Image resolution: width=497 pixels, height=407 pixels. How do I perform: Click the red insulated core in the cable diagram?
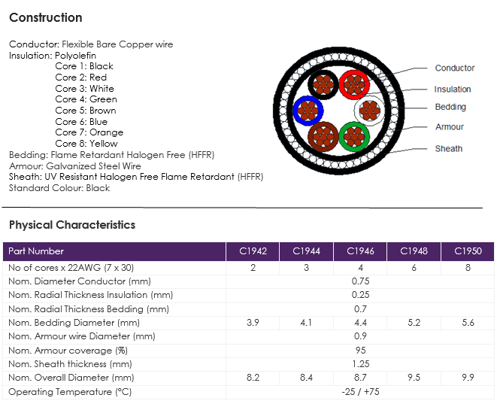click(x=354, y=85)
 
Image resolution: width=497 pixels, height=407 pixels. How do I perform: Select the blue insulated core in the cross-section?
click(x=308, y=111)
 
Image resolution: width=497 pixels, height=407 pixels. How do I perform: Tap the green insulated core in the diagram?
click(x=354, y=137)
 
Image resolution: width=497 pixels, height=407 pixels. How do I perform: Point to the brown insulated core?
click(x=323, y=137)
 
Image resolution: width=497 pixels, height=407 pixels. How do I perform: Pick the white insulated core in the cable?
click(x=370, y=111)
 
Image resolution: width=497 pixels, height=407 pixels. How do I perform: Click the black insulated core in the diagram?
click(x=323, y=85)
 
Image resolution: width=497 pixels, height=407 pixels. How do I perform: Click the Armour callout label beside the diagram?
click(x=450, y=127)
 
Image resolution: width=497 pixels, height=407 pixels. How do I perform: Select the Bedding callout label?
click(x=450, y=107)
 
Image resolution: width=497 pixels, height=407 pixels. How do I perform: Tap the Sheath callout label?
click(x=449, y=148)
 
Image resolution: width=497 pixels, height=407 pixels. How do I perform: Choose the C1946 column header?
click(x=360, y=251)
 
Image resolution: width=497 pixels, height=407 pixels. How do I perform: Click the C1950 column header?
click(x=468, y=251)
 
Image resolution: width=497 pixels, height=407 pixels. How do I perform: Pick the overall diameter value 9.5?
click(x=414, y=378)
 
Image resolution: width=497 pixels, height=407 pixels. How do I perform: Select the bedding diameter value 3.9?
click(x=253, y=323)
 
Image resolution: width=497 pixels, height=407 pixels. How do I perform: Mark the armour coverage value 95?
click(x=360, y=351)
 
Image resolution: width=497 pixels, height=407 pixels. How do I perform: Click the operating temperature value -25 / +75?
click(x=360, y=392)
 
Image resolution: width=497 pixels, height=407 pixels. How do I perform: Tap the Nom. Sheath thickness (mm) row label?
click(x=70, y=364)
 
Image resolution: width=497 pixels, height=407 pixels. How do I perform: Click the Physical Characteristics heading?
click(x=72, y=225)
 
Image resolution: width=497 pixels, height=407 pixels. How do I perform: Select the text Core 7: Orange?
click(x=89, y=132)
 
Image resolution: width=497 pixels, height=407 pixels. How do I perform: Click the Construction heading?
click(x=46, y=17)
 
